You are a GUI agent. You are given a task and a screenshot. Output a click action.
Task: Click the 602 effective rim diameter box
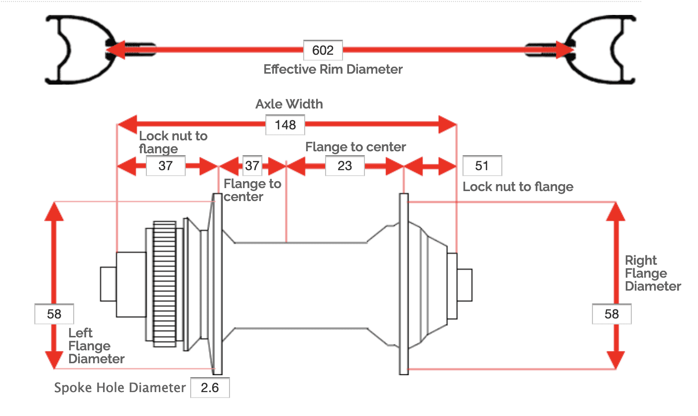(x=323, y=50)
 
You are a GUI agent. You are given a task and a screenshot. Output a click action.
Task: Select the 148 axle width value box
(x=285, y=124)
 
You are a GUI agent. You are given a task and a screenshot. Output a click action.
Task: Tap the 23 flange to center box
(x=345, y=166)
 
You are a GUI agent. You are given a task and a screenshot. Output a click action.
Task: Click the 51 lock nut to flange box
(x=482, y=166)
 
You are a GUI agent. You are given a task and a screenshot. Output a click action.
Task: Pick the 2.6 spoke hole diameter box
(x=210, y=388)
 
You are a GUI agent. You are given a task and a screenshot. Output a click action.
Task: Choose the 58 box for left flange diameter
(x=54, y=314)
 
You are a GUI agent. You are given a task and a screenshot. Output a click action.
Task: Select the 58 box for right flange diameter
(x=612, y=314)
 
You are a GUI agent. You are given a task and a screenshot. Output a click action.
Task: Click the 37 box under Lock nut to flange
(x=165, y=166)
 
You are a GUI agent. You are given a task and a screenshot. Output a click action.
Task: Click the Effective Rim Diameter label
(x=333, y=69)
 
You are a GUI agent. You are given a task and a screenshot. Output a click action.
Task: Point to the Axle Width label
(x=289, y=104)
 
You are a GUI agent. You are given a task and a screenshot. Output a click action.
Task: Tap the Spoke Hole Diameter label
(x=119, y=388)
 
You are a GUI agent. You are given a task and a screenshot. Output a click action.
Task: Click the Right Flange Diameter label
(x=653, y=273)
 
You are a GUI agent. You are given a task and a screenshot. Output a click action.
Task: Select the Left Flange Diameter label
(x=96, y=346)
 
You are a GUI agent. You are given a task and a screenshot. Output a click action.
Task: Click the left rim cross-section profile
(x=82, y=50)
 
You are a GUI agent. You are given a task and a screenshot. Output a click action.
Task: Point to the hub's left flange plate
(x=218, y=284)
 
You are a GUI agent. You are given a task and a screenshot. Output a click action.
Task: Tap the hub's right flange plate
(x=403, y=284)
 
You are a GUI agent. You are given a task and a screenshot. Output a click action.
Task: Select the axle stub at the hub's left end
(x=108, y=284)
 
